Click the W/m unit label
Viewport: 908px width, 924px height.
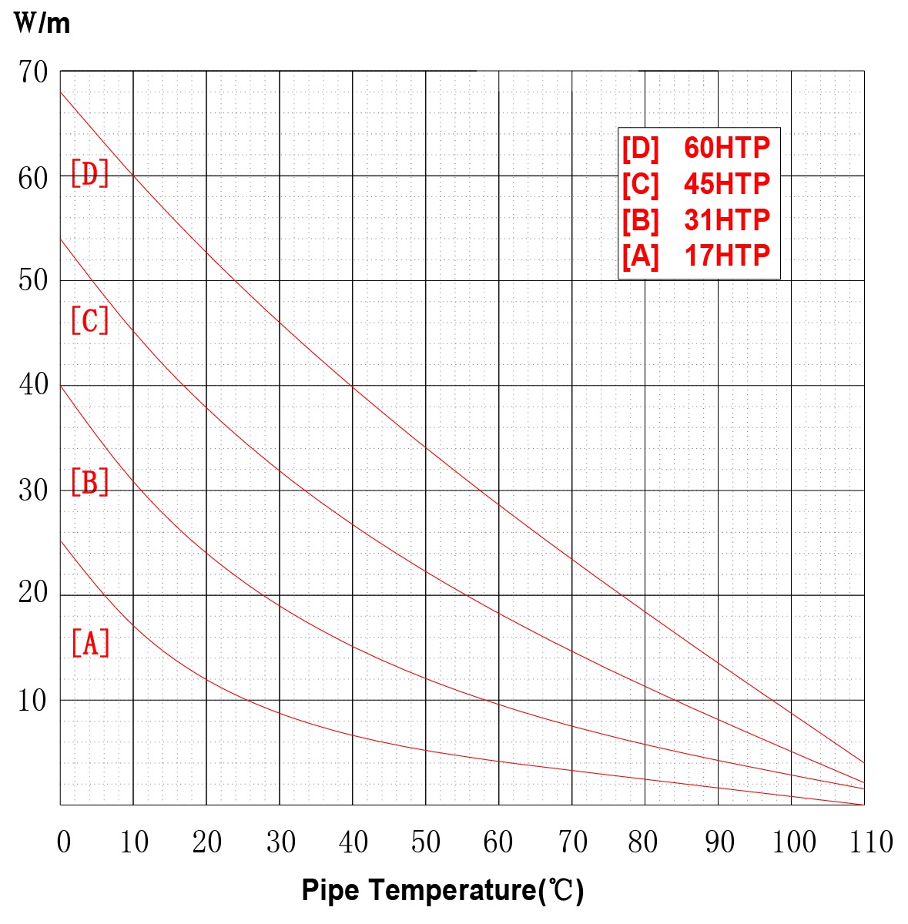(42, 23)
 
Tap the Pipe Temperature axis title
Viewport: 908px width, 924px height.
(443, 890)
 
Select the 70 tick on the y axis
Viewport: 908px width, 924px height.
(33, 72)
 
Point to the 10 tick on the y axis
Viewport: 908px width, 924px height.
(33, 701)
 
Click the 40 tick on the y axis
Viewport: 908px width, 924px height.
(33, 384)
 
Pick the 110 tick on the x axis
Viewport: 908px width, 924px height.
(871, 842)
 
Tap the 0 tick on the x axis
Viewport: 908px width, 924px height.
(64, 842)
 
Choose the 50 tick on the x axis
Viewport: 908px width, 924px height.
(426, 842)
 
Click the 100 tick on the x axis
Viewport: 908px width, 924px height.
(793, 842)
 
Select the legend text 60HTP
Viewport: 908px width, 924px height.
(726, 148)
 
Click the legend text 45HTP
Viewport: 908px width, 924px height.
(726, 184)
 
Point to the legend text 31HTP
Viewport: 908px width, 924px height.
(726, 220)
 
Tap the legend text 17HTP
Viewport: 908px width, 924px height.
(726, 256)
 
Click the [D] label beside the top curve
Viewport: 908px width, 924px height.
(90, 174)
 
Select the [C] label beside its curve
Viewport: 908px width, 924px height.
(90, 320)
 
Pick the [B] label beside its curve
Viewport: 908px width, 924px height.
(90, 482)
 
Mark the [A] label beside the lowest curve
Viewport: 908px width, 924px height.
(90, 642)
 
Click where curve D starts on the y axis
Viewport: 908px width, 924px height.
(61, 92)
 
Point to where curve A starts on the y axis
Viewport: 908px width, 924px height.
(61, 541)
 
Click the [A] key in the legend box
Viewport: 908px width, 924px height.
(641, 256)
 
